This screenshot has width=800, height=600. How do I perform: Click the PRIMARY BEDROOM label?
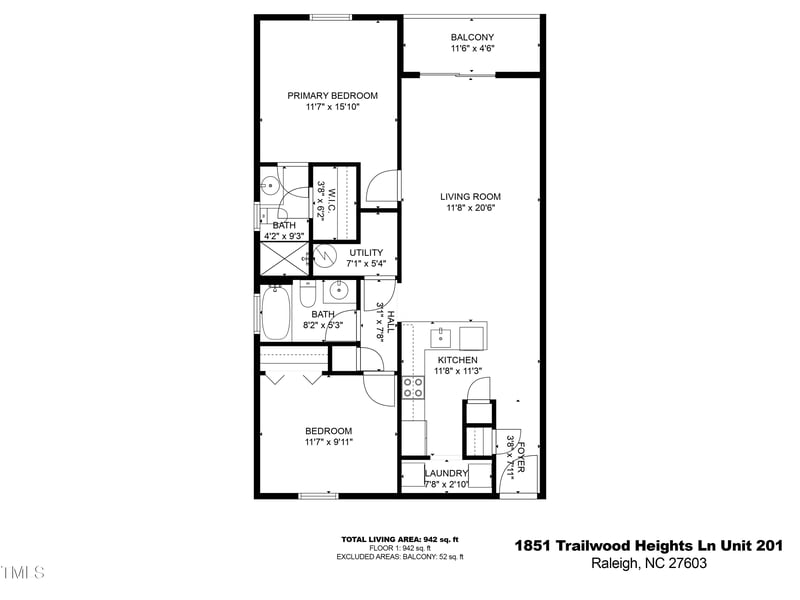point(333,96)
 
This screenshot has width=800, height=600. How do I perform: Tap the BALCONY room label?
point(472,37)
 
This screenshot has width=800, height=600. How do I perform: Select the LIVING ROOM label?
point(472,197)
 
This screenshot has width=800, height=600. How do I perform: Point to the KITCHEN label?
point(456,360)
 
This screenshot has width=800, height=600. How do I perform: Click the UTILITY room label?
point(367,252)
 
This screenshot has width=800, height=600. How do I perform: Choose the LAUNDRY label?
point(446,473)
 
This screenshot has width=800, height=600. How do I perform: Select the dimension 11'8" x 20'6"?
point(472,209)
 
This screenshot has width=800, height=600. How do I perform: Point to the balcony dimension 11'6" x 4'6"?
point(472,49)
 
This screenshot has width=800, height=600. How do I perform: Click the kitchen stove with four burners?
point(413,387)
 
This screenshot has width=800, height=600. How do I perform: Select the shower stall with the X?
point(285,257)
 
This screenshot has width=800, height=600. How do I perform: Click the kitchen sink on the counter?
point(441,333)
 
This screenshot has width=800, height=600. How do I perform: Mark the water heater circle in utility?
point(326,256)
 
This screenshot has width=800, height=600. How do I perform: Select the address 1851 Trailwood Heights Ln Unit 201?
point(647,545)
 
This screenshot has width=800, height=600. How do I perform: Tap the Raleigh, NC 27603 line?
point(647,565)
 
